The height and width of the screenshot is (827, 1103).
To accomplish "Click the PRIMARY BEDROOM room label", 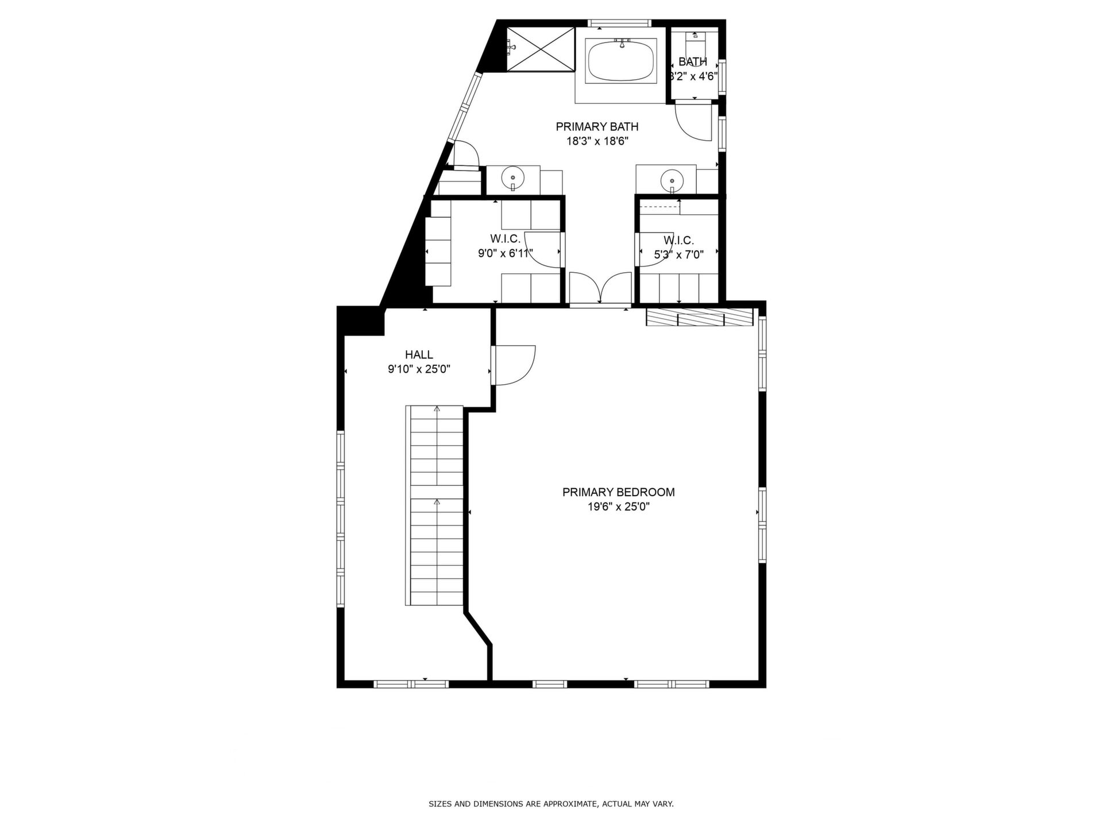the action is (618, 492).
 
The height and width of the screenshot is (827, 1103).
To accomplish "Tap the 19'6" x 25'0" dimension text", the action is (618, 507).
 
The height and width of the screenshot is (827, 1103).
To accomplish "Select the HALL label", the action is (419, 355).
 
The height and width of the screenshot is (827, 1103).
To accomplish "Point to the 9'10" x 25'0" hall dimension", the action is (419, 369).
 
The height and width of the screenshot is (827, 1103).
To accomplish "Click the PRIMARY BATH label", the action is (597, 126).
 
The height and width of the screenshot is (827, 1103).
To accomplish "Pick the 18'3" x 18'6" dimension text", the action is (597, 141).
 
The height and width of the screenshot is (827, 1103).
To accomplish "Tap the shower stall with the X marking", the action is (540, 49).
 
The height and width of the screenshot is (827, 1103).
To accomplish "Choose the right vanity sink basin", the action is (671, 180).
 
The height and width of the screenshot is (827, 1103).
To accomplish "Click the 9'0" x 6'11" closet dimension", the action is (506, 253).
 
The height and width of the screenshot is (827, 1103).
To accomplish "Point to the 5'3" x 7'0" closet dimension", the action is (678, 255).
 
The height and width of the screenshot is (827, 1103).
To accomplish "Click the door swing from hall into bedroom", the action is (514, 365).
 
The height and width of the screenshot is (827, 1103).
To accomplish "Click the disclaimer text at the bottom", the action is (551, 804).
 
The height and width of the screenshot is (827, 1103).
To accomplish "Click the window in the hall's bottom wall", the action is (411, 684).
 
